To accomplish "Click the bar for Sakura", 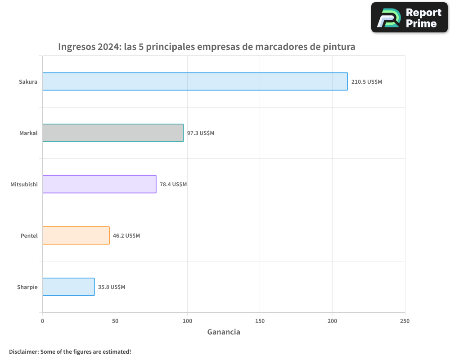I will tap(195, 81).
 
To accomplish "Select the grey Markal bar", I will tap(113, 133).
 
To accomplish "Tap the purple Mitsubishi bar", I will tap(99, 184).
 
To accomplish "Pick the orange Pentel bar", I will tap(76, 235).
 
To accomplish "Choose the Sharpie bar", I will tap(68, 287).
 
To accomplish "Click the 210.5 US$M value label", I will tap(367, 82).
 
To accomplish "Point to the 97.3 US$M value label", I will tap(201, 133).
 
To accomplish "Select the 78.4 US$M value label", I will tap(173, 184).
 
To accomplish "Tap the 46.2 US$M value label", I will tap(126, 236).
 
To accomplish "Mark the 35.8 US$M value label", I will tap(112, 287).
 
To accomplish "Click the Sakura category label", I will tap(28, 82).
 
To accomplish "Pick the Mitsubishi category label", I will tap(24, 184).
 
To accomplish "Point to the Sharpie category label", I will tap(27, 287).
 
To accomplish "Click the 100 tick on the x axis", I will tap(187, 321).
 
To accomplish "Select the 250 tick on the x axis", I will tap(405, 321).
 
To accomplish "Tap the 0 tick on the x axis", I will tap(42, 321).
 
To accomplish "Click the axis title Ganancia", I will tap(224, 332).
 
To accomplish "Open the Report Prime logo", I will tap(409, 18).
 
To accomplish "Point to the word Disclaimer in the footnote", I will tap(23, 351).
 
